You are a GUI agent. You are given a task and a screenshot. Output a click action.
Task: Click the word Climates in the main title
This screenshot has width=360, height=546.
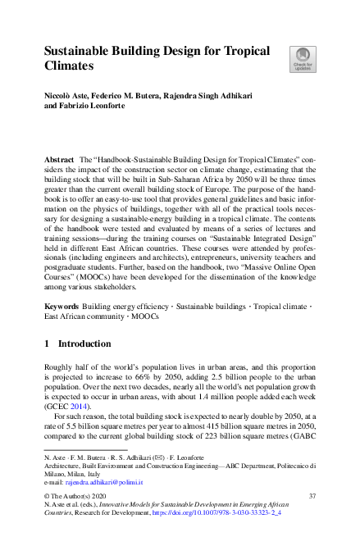74,64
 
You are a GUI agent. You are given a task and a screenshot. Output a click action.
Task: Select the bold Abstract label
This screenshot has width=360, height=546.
59,155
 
